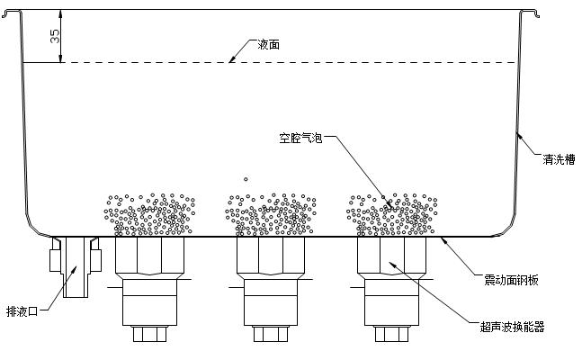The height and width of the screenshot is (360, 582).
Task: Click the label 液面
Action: pos(268,45)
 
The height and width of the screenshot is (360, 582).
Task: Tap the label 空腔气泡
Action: pos(300,139)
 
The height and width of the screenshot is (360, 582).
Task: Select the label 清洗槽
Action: pos(559,159)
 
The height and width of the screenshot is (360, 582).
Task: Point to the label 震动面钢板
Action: pos(511,280)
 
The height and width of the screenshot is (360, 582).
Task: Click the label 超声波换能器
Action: pos(512,327)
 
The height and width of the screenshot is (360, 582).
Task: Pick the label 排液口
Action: pos(22,311)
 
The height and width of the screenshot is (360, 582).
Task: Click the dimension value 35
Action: pos(55,36)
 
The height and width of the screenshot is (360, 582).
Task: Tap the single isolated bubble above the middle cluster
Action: pos(246,179)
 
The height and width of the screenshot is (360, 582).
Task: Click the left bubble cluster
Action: pos(149,215)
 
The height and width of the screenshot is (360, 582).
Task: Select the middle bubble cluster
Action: pos(271,215)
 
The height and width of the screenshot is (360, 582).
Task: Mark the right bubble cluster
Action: pos(392,215)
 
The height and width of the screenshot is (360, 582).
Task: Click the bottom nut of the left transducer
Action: pos(149,334)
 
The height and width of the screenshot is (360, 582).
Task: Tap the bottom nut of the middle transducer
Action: pos(271,334)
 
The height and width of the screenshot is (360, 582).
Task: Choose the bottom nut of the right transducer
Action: pos(391,334)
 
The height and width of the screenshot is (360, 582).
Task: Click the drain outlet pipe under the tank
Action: pos(76,266)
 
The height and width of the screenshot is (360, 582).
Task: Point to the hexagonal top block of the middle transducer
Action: pos(271,256)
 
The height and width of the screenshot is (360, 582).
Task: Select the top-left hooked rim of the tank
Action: pos(12,13)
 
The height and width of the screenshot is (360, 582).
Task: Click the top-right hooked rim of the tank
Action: pos(530,13)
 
